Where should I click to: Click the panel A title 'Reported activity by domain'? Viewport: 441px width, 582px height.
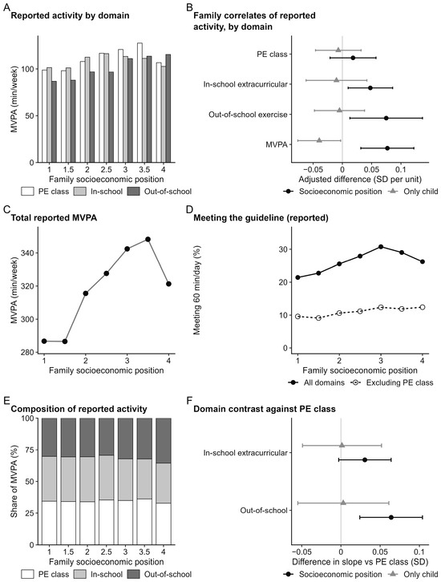tap(71, 15)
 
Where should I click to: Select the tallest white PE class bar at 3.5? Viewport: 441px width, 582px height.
tap(140, 103)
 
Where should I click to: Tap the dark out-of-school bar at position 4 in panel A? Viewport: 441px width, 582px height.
tap(168, 108)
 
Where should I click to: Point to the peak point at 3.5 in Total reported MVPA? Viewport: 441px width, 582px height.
tap(148, 240)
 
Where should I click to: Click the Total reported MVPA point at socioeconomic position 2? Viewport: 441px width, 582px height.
tap(86, 293)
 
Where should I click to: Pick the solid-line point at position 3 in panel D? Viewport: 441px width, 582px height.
tap(381, 247)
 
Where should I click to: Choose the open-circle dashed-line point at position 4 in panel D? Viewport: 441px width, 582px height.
tap(422, 307)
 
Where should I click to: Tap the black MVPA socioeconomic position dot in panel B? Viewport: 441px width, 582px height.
tap(387, 148)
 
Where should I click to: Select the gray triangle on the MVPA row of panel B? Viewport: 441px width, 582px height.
tap(319, 140)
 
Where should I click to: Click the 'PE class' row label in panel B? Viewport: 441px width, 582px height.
tap(272, 55)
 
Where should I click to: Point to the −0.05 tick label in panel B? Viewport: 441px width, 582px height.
tap(312, 170)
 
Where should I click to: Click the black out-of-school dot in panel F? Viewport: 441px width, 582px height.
tap(391, 517)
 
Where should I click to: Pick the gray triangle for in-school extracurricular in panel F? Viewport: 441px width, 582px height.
tap(342, 445)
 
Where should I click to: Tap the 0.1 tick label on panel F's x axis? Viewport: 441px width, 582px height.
tap(419, 552)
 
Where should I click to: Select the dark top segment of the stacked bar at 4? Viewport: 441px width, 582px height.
tap(164, 441)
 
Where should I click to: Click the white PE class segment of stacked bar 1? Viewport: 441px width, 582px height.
tap(50, 523)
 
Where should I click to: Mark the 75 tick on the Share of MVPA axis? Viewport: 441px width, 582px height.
tap(30, 450)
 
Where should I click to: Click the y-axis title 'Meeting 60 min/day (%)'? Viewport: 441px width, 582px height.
tap(197, 290)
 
